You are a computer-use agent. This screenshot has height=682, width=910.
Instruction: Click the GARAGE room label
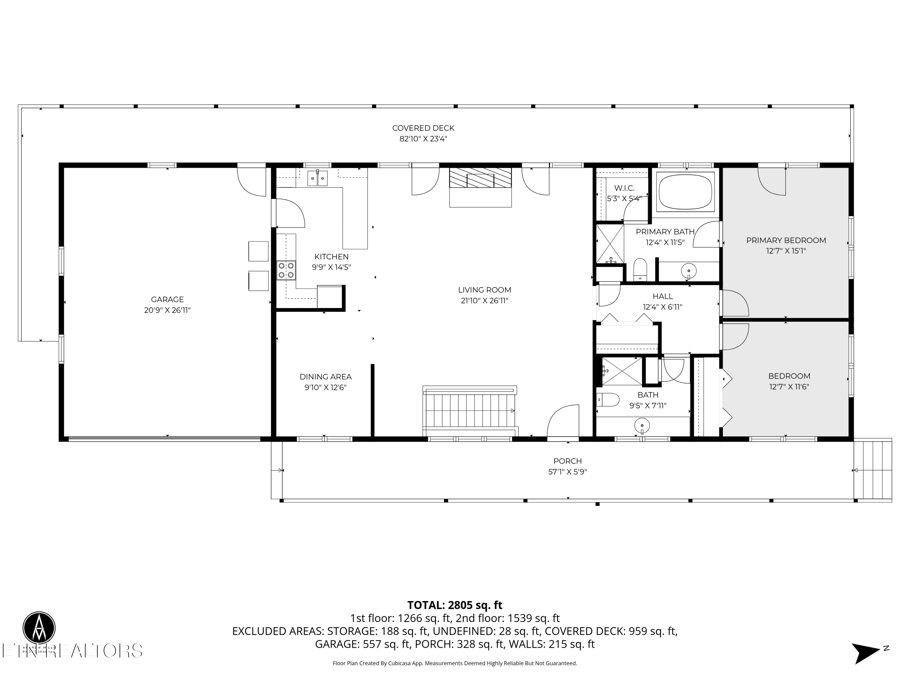click(167, 299)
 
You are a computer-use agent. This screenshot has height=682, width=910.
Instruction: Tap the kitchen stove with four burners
click(286, 270)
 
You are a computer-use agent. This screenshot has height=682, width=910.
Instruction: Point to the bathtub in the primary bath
click(685, 191)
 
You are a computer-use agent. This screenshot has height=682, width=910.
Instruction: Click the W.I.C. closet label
click(624, 188)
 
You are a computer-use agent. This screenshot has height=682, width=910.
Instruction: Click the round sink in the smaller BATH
click(642, 424)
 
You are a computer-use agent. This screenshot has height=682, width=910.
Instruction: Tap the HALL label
click(662, 296)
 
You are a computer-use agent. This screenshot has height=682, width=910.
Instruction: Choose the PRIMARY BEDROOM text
click(786, 240)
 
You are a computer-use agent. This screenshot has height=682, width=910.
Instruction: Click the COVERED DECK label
click(423, 128)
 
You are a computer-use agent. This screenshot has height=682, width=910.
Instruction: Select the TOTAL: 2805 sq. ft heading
click(455, 605)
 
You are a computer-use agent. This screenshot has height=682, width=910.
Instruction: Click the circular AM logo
click(39, 628)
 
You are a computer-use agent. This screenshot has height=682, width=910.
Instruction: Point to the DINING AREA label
click(325, 376)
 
